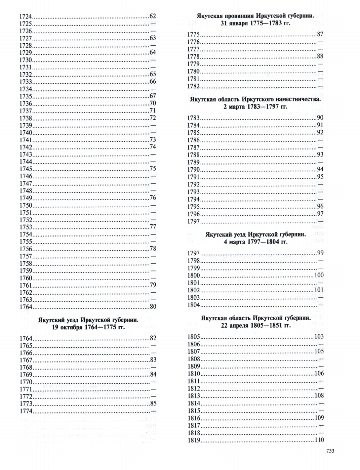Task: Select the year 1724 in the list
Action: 26,16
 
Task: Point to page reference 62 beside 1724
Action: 153,16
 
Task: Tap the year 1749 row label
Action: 26,198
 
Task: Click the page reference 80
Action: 153,307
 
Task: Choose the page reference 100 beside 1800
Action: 319,275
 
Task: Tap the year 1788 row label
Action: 194,155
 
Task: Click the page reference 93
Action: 320,155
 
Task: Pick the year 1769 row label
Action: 26,375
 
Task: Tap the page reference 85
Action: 153,403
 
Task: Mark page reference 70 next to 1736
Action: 153,103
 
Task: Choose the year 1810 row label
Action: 194,374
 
